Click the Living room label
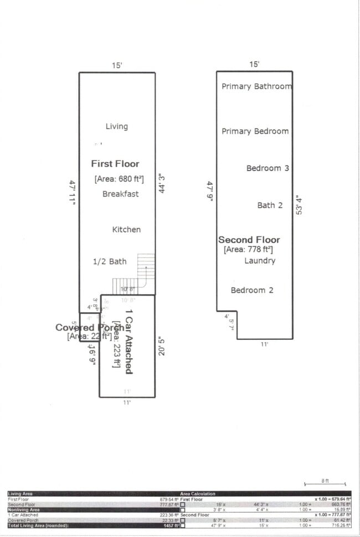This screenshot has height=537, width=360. coord(116,126)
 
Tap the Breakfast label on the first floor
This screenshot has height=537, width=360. coord(120,194)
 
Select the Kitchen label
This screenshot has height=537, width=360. coord(126,229)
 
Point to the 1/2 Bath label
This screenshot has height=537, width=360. coord(109,261)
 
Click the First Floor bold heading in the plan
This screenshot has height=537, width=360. coord(115,164)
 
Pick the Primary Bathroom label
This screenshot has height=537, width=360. coord(256,86)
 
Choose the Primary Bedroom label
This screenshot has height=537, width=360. coord(255,131)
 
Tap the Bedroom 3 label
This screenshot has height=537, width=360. coord(268,168)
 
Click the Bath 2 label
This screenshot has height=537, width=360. coord(270,205)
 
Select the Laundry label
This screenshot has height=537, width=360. coord(260,260)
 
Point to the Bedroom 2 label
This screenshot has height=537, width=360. coord(252,290)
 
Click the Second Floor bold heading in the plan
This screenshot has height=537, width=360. coord(249,240)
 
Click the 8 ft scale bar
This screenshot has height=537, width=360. coord(325,483)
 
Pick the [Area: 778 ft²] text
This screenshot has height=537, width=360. coord(248,250)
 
